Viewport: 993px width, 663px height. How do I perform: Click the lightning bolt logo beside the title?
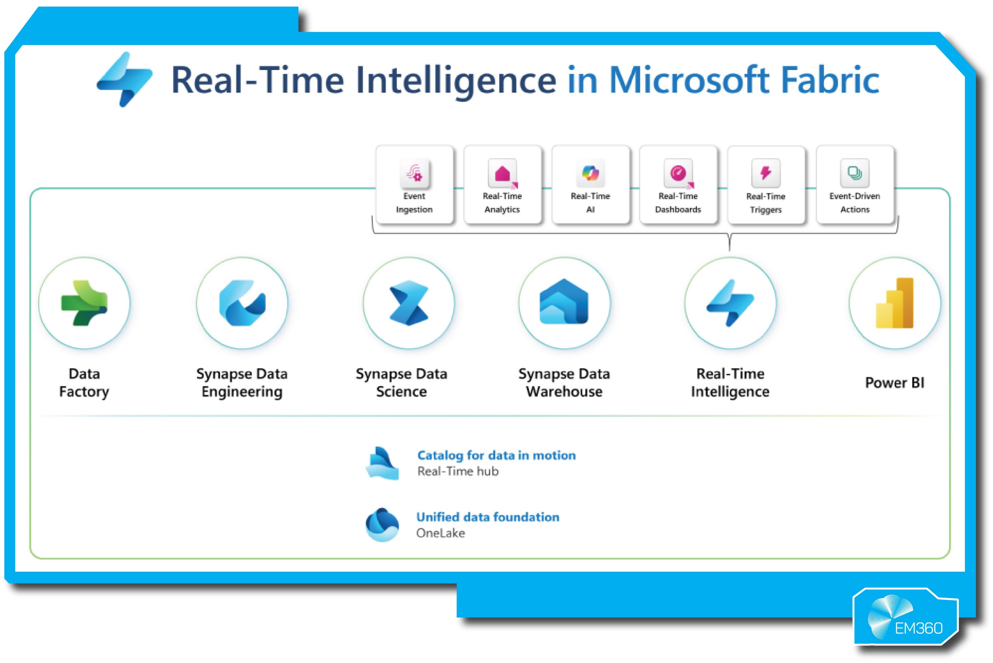[125, 79]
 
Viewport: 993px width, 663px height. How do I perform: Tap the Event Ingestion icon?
[415, 173]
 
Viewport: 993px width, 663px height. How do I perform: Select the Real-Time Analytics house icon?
[503, 173]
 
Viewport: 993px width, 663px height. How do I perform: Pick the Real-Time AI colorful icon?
[590, 173]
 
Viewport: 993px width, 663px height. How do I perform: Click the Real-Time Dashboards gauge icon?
[678, 173]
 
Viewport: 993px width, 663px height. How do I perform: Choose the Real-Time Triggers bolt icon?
[766, 173]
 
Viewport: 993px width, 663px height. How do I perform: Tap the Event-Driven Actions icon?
[855, 173]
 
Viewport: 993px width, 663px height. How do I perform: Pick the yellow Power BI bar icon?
[895, 303]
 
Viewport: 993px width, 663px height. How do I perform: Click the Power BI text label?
[895, 383]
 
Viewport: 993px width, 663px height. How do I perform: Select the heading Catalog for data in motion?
[497, 455]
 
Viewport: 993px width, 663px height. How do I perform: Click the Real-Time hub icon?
[383, 464]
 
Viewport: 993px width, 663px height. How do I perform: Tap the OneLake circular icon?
[382, 525]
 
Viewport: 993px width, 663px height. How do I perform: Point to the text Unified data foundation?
[488, 517]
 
